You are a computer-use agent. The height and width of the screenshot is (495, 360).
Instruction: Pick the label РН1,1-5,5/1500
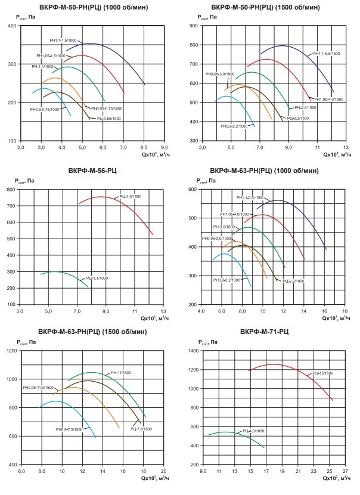(327, 54)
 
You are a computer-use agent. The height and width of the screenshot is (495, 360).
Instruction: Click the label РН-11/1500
(121, 373)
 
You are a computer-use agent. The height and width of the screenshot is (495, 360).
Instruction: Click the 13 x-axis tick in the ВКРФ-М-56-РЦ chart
(163, 311)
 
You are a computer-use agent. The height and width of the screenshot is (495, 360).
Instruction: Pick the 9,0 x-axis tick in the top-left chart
(165, 147)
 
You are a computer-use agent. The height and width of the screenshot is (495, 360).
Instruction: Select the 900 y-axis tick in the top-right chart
(194, 26)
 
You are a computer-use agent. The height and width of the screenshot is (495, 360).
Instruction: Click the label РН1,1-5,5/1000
(248, 197)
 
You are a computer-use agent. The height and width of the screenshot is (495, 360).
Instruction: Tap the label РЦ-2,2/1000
(292, 280)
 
